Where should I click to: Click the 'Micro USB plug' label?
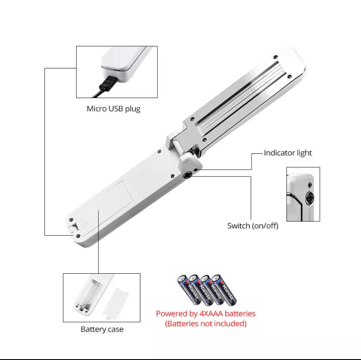pyautogui.click(x=113, y=109)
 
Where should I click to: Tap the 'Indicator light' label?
pyautogui.click(x=288, y=153)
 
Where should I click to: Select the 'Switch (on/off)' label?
pyautogui.click(x=253, y=226)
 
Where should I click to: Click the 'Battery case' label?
pyautogui.click(x=102, y=329)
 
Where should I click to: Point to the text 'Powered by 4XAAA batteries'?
pyautogui.click(x=206, y=313)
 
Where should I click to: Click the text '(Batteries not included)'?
pyautogui.click(x=206, y=324)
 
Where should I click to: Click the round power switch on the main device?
pyautogui.click(x=187, y=176)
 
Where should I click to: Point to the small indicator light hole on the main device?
pyautogui.click(x=196, y=170)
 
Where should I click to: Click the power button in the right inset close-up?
pyautogui.click(x=309, y=198)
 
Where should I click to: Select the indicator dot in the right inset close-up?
pyautogui.click(x=310, y=185)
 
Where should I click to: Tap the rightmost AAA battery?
pyautogui.click(x=224, y=290)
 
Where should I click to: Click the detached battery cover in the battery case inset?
pyautogui.click(x=116, y=303)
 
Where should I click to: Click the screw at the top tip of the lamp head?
pyautogui.click(x=275, y=57)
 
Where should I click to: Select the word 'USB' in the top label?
pyautogui.click(x=116, y=109)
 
